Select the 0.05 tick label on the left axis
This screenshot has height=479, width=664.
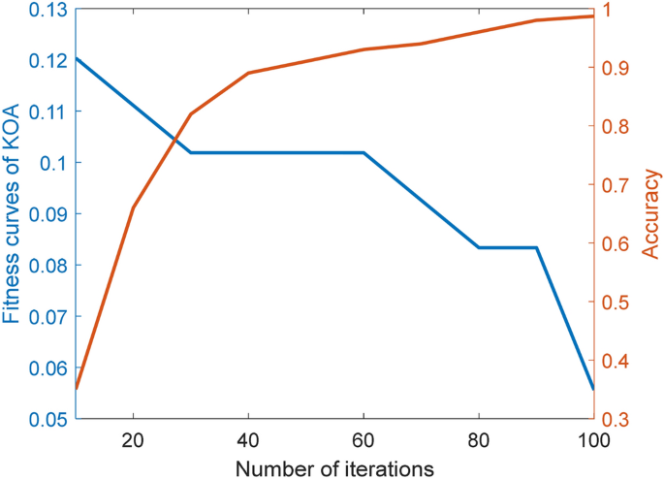click(x=47, y=419)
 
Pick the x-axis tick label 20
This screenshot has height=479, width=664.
click(x=133, y=438)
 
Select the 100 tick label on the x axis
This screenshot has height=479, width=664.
click(x=592, y=438)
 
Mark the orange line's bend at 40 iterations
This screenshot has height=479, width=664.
click(x=248, y=73)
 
